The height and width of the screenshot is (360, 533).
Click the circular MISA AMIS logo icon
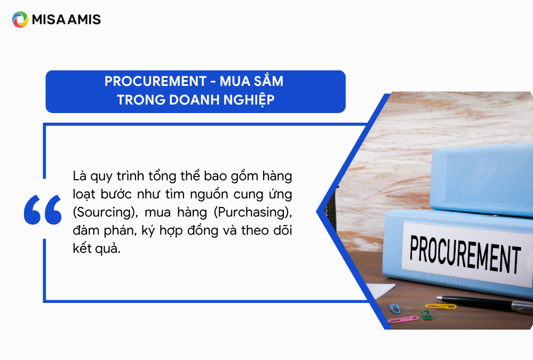pos(20,19)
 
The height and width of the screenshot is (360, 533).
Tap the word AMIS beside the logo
pos(84,19)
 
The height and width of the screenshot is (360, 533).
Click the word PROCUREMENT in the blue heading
pos(155,81)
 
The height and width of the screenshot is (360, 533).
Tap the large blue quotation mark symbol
pos(43,210)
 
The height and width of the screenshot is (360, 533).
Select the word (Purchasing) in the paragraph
pos(253,212)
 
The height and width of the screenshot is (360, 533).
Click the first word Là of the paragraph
pos(79,176)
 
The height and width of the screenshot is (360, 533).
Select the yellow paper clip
pos(441,306)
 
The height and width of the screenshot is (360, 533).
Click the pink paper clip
pos(403,319)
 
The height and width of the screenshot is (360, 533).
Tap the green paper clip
pos(427,315)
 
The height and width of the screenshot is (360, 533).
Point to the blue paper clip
pos(395,309)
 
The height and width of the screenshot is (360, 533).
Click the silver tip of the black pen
pos(439,298)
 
